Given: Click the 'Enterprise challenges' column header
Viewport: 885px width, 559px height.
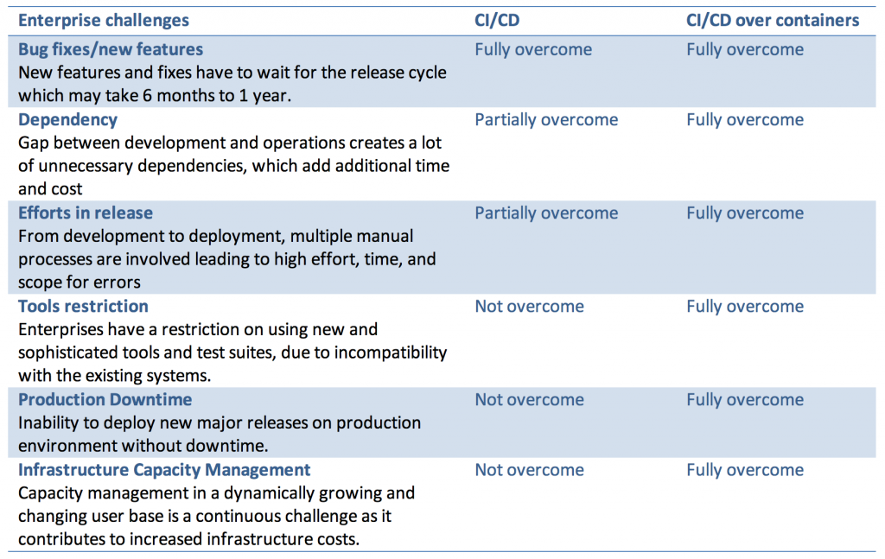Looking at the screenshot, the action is (x=104, y=21).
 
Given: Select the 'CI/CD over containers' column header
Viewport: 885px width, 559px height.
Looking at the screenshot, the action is (x=773, y=21).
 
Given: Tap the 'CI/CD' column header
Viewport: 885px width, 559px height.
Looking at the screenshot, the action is (x=497, y=21).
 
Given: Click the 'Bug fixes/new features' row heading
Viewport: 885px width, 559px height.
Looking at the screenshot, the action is (x=111, y=49).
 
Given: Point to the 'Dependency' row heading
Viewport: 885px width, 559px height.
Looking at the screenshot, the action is (x=67, y=119).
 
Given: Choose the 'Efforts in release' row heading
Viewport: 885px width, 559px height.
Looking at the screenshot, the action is (x=86, y=213).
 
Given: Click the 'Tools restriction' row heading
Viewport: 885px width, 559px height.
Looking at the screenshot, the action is (x=83, y=306).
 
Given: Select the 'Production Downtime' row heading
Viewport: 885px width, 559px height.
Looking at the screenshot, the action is (x=105, y=399).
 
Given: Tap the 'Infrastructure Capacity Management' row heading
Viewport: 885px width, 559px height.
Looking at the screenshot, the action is (x=164, y=470).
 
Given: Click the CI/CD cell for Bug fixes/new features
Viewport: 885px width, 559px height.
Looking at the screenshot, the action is (x=533, y=49).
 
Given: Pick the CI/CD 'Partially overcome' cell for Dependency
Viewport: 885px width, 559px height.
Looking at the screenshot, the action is (x=546, y=119).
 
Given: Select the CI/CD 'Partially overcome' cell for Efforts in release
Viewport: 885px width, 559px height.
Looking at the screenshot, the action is (x=546, y=213).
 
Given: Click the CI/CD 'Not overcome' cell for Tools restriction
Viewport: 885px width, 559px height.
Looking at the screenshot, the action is (x=530, y=306).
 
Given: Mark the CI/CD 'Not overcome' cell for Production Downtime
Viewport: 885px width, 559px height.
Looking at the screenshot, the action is (x=530, y=399).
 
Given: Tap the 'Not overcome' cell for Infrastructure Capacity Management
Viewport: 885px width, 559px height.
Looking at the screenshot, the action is (x=530, y=470).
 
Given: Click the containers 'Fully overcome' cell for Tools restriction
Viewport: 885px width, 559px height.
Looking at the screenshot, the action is (x=745, y=307).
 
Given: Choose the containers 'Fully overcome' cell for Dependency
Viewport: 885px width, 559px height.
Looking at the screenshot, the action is (x=745, y=119).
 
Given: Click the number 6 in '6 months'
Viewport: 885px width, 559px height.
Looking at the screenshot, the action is (x=147, y=95).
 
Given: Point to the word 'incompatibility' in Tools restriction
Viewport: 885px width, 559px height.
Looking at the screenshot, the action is (x=391, y=353).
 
